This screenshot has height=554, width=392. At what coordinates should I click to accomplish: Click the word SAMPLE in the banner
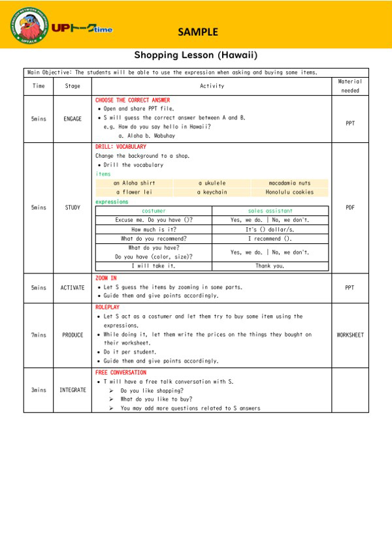pyautogui.click(x=197, y=31)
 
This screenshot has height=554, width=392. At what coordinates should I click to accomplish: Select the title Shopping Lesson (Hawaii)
pyautogui.click(x=196, y=55)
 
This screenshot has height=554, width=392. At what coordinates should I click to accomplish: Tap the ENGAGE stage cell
pyautogui.click(x=73, y=119)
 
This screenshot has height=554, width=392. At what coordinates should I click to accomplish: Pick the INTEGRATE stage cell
pyautogui.click(x=73, y=390)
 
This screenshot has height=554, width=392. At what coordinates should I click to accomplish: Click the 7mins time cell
pyautogui.click(x=39, y=335)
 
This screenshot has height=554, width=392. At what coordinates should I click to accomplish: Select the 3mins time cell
pyautogui.click(x=39, y=390)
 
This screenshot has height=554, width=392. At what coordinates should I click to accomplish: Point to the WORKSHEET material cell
pyautogui.click(x=350, y=335)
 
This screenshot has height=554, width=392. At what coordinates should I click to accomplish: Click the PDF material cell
pyautogui.click(x=350, y=208)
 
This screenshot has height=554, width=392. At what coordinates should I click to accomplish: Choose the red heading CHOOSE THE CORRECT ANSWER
pyautogui.click(x=133, y=100)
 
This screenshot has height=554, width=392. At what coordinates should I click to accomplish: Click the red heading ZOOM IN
pyautogui.click(x=106, y=278)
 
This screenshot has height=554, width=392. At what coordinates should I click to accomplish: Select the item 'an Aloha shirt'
pyautogui.click(x=134, y=183)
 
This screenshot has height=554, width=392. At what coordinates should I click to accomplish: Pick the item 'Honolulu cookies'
pyautogui.click(x=289, y=192)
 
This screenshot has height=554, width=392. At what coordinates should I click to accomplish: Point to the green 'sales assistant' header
pyautogui.click(x=270, y=211)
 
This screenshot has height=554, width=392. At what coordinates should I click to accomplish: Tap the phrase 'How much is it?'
pyautogui.click(x=154, y=230)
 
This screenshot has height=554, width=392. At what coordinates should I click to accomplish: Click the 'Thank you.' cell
pyautogui.click(x=270, y=266)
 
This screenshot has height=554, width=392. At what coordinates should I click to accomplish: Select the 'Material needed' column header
pyautogui.click(x=350, y=86)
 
